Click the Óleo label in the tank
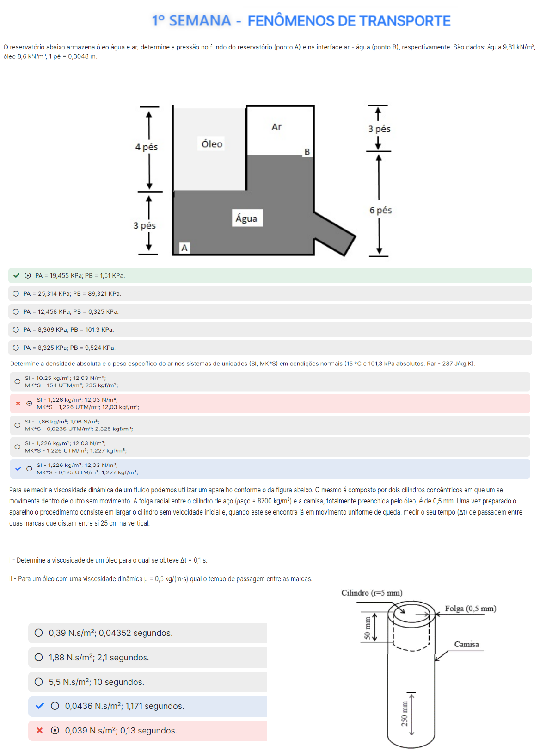click(x=212, y=144)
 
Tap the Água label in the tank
click(x=246, y=218)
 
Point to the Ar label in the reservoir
click(x=276, y=127)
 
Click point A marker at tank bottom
click(x=184, y=248)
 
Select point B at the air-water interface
click(x=307, y=152)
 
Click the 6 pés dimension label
click(x=380, y=210)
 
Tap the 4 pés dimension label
click(x=147, y=147)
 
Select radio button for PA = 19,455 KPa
click(x=28, y=276)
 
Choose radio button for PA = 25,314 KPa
click(x=16, y=294)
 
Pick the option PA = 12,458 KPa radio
click(x=16, y=312)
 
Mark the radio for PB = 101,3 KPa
click(x=16, y=330)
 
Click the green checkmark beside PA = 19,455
click(x=17, y=275)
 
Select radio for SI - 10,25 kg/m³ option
click(x=17, y=382)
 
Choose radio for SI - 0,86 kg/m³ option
click(x=17, y=425)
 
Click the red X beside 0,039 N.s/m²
click(x=40, y=730)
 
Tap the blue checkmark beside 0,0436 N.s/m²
click(x=40, y=706)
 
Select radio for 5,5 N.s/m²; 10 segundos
click(x=39, y=682)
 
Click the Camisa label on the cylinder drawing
click(x=466, y=644)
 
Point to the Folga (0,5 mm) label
click(x=470, y=609)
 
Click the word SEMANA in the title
click(x=200, y=21)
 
